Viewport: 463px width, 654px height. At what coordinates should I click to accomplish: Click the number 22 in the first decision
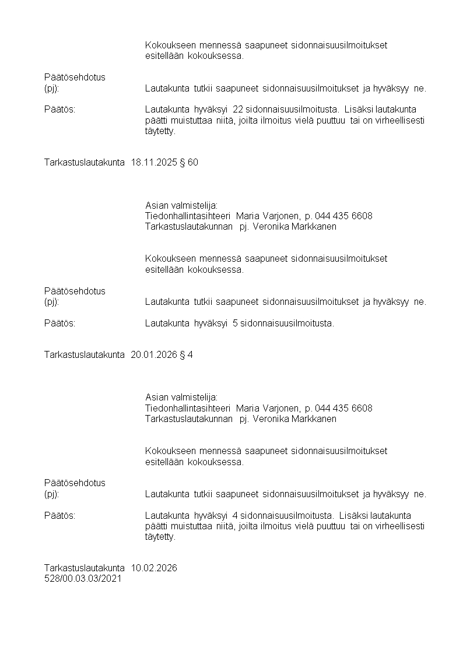point(237,110)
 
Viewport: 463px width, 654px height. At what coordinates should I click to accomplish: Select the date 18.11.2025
point(152,162)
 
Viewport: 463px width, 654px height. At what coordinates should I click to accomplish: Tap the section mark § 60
point(189,162)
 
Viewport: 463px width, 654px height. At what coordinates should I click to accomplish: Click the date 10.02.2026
point(154,568)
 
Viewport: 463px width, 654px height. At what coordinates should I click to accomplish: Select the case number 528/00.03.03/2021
point(83,579)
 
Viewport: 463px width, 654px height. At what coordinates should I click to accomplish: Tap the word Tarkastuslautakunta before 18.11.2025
point(85,162)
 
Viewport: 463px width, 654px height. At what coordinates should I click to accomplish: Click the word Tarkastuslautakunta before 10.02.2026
point(85,568)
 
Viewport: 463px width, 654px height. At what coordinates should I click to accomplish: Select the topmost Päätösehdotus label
point(75,77)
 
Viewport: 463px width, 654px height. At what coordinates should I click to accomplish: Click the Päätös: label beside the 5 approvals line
point(60,324)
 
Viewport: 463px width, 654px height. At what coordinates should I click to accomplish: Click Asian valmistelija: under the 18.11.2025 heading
point(181,205)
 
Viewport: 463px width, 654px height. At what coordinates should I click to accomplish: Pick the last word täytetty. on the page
point(160,537)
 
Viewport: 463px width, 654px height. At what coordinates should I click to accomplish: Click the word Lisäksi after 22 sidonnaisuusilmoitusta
point(358,110)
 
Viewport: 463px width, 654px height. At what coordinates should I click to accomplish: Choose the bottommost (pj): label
point(52,494)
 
